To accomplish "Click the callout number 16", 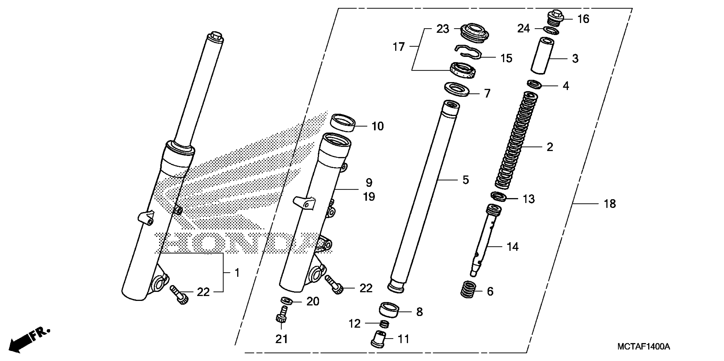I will pyautogui.click(x=583, y=19).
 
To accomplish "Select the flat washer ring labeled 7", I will pyautogui.click(x=457, y=89).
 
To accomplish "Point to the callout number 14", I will pyautogui.click(x=512, y=247).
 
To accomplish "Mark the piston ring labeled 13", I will pyautogui.click(x=499, y=197).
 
